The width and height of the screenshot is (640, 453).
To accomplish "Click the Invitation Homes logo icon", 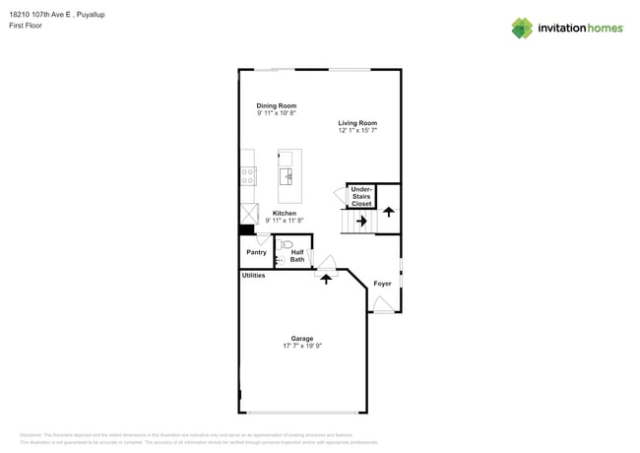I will pos(522,29).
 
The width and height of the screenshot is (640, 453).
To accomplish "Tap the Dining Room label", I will pos(277,105).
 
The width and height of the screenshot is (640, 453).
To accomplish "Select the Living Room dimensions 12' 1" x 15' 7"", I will pos(357,130).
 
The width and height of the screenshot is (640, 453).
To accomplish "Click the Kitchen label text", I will pos(285,213).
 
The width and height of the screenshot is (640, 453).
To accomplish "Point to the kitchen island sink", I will pos(287,176).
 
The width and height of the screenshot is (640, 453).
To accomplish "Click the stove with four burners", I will pos(248,176).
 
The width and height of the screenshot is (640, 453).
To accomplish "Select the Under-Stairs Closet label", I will pos(361,196).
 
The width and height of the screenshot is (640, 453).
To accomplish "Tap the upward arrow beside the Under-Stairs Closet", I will pos(388,211).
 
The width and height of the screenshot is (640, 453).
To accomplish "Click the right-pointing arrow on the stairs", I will pos(361,222).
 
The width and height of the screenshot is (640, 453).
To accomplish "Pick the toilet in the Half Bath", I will pos(287,244).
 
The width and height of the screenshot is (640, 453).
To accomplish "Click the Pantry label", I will pos(256,252).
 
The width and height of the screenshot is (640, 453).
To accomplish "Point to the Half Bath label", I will pos(297,256).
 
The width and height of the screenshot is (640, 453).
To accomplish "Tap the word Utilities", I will pos(253,276).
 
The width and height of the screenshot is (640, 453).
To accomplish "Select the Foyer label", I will pos(382,284).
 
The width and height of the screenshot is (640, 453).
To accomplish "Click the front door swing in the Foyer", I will pos(382,305).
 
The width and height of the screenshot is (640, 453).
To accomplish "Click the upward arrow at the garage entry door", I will pos(326,279).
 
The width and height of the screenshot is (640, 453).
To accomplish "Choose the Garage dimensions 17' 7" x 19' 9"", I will pos(302,346).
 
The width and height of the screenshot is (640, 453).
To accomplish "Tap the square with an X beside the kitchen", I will pos(248,214).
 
